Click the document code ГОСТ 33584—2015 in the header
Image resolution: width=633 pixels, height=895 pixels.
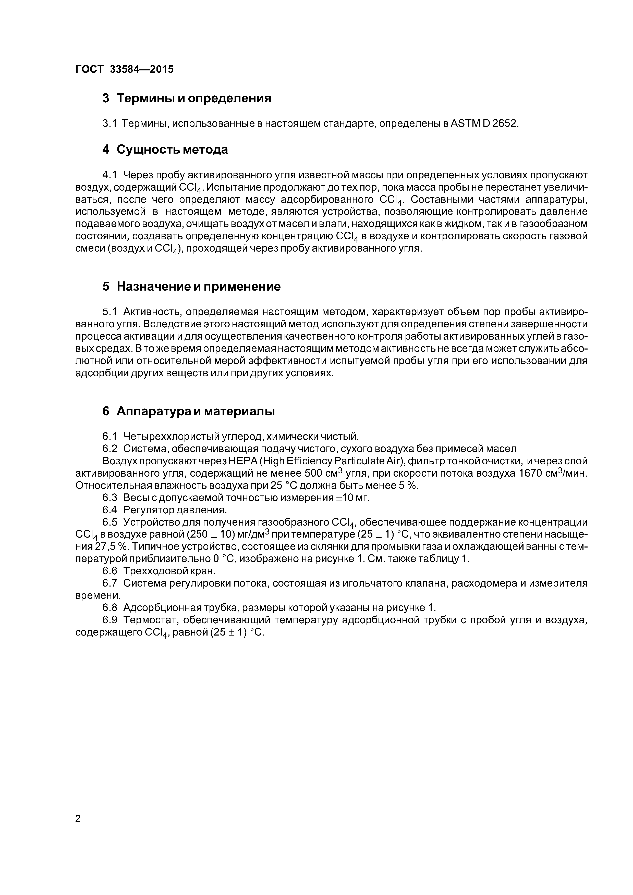pyautogui.click(x=124, y=69)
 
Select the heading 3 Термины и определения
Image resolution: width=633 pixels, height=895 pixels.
pyautogui.click(x=187, y=98)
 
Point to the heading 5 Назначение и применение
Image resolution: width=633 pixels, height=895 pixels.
pyautogui.click(x=191, y=287)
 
